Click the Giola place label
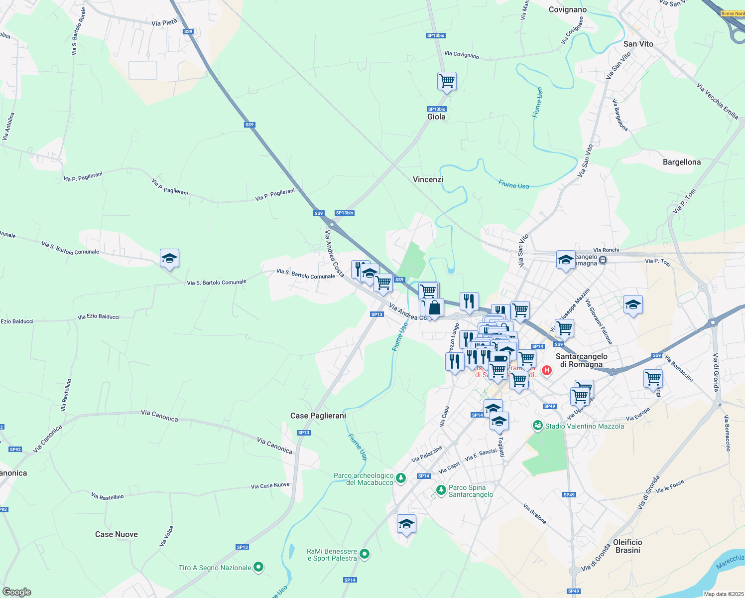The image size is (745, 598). (x=436, y=117)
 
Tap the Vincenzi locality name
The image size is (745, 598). (x=428, y=179)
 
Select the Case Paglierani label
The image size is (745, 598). (x=318, y=416)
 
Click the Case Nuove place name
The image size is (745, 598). (x=117, y=534)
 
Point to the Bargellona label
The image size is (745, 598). (x=682, y=162)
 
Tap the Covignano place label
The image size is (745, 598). (x=568, y=9)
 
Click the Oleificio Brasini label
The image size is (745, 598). (x=627, y=546)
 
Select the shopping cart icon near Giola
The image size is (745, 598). (x=447, y=81)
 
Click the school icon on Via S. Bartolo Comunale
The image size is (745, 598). (x=169, y=259)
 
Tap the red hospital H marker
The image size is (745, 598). (x=547, y=370)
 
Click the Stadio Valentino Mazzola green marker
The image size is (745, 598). (x=537, y=426)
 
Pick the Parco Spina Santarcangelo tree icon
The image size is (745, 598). (x=441, y=490)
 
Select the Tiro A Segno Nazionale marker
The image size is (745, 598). (x=258, y=567)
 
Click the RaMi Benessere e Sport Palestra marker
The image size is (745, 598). (x=365, y=554)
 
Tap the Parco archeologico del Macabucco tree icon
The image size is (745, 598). (x=401, y=478)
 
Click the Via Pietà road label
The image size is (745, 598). (x=164, y=22)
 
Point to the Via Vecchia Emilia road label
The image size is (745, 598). (x=718, y=101)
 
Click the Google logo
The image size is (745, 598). (x=16, y=592)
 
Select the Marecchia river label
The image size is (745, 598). (x=730, y=562)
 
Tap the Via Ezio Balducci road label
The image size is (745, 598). (x=99, y=316)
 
